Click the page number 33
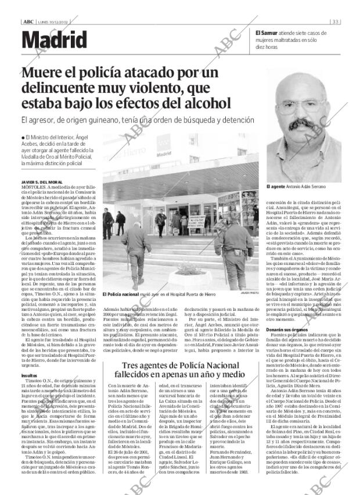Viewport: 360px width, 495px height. point(336,21)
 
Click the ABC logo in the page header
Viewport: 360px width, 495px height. point(27,21)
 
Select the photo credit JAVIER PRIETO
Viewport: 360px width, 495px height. point(248,293)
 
